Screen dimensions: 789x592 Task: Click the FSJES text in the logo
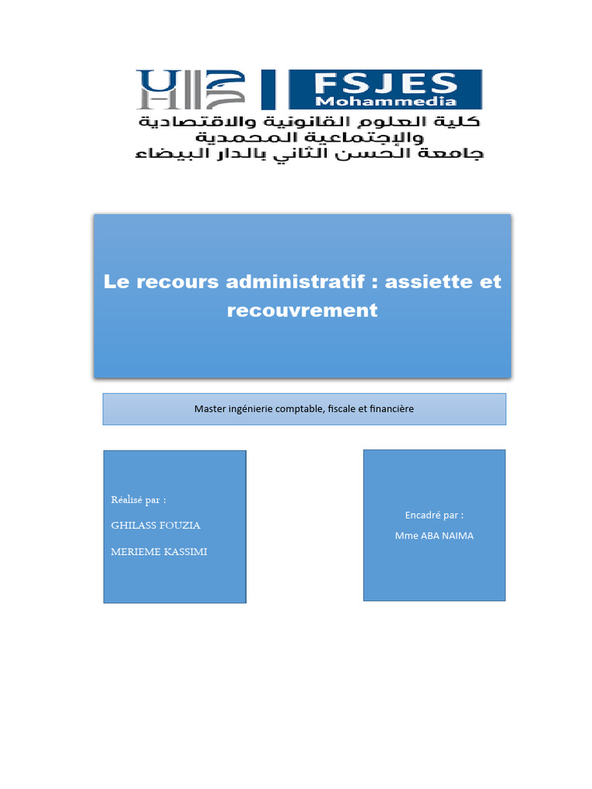(385, 82)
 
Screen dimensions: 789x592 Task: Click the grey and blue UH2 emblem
(190, 89)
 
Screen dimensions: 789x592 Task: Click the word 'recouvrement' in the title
(303, 310)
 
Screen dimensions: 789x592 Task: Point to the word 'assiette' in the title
(429, 282)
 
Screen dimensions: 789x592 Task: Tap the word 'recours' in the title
(178, 282)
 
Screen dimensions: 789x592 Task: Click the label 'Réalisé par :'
(139, 500)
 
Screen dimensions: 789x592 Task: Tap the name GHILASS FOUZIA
(156, 525)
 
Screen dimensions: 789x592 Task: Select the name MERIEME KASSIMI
(160, 552)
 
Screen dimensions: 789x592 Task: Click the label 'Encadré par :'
(434, 515)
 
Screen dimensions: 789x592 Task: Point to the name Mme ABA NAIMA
(434, 536)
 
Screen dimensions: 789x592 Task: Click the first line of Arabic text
(308, 123)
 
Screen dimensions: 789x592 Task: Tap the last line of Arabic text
(308, 154)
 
